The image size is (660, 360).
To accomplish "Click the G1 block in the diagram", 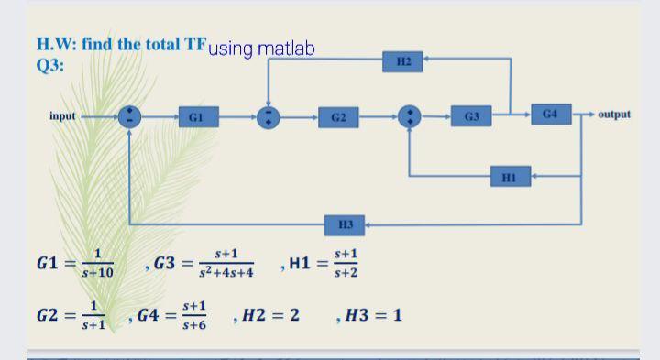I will click(x=194, y=117).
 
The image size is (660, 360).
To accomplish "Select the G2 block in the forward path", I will click(x=337, y=117).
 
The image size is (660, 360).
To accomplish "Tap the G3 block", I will click(x=471, y=116).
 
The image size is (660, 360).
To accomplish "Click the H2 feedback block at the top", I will click(x=403, y=61).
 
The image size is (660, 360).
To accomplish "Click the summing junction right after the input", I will click(x=129, y=117).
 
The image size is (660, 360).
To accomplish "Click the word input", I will click(x=63, y=116).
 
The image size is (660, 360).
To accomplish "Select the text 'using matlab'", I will click(x=261, y=48).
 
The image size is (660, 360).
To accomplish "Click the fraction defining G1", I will click(x=97, y=264).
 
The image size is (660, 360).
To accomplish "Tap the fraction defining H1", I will click(x=346, y=264).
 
